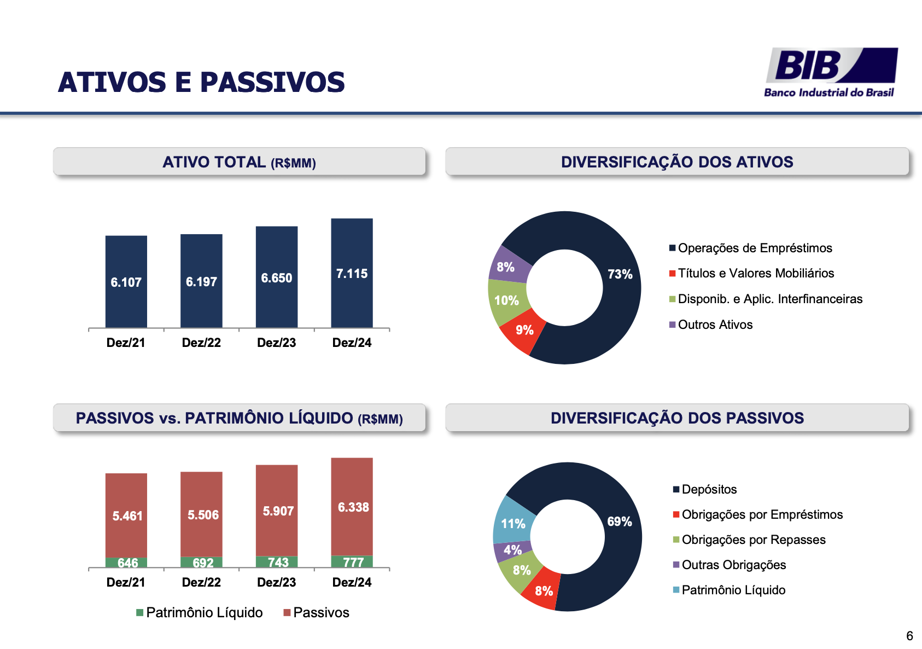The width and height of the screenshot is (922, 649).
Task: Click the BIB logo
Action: [x=830, y=72]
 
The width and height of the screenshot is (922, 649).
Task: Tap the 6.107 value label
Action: [x=126, y=282]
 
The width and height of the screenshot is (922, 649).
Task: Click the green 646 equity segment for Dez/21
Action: [x=126, y=563]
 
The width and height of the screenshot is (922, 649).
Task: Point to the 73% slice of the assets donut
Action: [x=620, y=274]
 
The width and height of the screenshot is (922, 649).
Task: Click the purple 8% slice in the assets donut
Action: [x=506, y=267]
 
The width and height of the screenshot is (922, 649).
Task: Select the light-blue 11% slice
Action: [x=513, y=523]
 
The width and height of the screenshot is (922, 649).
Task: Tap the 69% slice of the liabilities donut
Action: [x=619, y=521]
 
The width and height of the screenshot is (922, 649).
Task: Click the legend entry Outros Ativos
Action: [x=715, y=324]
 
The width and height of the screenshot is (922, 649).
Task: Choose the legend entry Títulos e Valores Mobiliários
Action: [x=755, y=273]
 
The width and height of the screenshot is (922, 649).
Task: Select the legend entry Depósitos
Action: [x=709, y=489]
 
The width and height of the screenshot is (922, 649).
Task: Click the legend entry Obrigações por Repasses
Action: [x=753, y=540]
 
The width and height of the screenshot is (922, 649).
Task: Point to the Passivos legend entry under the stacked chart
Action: [x=320, y=612]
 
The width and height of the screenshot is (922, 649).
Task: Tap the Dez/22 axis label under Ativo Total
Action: [x=201, y=343]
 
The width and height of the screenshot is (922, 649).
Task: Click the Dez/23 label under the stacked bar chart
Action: [x=276, y=582]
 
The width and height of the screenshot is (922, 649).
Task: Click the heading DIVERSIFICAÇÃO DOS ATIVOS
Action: [x=677, y=162]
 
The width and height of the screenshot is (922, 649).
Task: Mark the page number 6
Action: [x=909, y=636]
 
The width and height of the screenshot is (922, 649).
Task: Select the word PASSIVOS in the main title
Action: [x=272, y=83]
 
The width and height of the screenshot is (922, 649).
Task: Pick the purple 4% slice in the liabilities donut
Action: [x=512, y=550]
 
